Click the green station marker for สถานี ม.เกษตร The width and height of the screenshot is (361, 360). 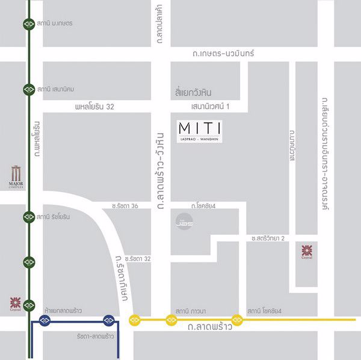click(29, 23)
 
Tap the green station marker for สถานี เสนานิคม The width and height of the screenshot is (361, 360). click(29, 90)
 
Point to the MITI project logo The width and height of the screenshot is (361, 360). click(200, 131)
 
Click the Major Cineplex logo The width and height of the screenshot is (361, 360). click(16, 176)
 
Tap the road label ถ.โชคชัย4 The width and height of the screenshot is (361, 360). click(203, 206)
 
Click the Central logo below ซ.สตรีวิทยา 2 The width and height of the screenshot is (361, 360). click(307, 251)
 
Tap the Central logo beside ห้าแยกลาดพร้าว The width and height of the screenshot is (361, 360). click(16, 302)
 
